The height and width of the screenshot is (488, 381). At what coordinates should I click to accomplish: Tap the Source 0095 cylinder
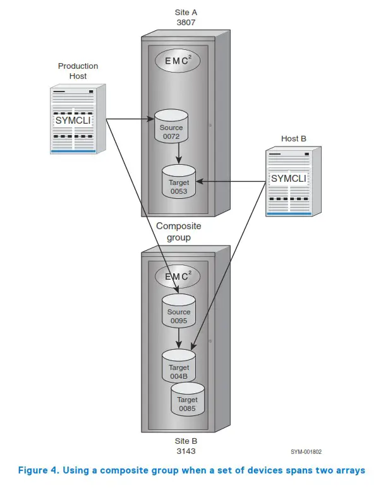[179, 311]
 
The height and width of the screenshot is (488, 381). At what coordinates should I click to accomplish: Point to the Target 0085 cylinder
[188, 400]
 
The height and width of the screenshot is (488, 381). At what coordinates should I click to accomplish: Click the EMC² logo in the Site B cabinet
[179, 277]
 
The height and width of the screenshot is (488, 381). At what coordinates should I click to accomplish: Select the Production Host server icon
[77, 119]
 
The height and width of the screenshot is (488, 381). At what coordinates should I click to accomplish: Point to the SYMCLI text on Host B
[289, 179]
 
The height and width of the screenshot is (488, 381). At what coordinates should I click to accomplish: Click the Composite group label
[178, 232]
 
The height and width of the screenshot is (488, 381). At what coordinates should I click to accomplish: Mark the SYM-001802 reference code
[307, 452]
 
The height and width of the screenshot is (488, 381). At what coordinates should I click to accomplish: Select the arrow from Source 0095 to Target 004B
[179, 338]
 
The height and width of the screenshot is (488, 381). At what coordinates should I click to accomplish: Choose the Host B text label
[294, 138]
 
